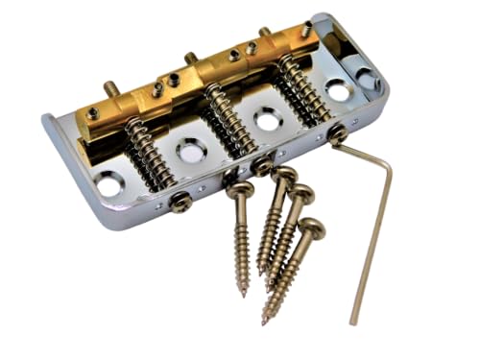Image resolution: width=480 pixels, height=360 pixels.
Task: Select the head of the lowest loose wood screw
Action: coord(313,228)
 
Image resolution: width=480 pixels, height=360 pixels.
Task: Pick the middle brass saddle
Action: coord(197,75)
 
